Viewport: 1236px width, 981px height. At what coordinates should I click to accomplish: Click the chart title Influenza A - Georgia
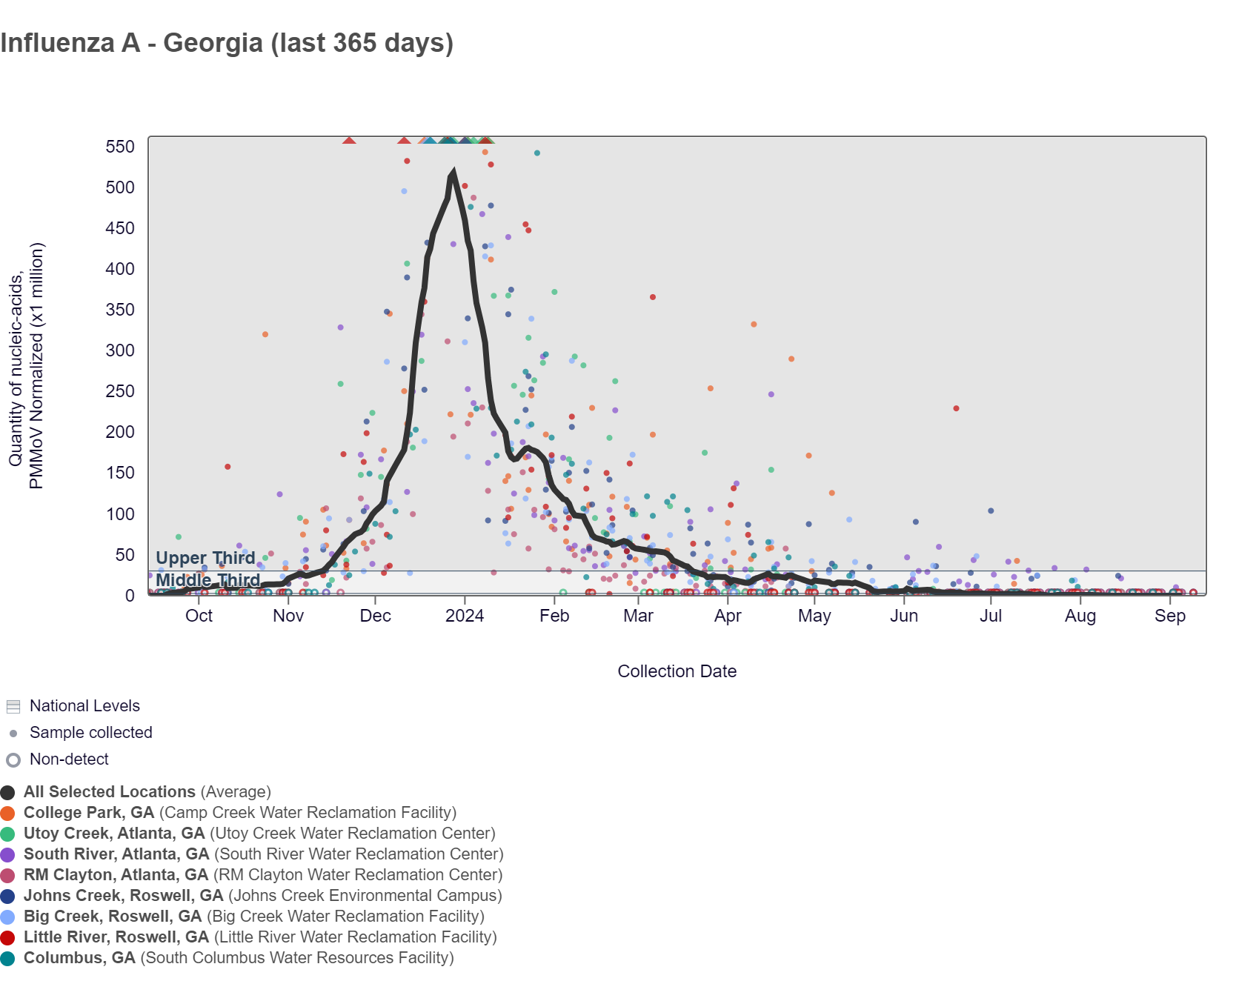(227, 43)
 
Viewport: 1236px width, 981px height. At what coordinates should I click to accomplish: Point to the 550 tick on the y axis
(120, 147)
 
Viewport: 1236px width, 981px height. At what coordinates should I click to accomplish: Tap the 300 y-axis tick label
(120, 350)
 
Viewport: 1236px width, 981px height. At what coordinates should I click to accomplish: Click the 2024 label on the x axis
(465, 616)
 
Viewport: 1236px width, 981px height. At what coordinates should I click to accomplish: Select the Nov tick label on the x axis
(288, 616)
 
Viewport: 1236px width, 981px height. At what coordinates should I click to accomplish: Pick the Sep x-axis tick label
(1170, 616)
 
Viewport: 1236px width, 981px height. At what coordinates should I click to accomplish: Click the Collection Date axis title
(677, 671)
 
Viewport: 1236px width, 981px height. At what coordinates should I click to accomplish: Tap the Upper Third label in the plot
(205, 558)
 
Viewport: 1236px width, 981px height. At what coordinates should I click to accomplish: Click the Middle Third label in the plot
(208, 580)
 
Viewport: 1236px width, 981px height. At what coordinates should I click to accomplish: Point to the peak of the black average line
(453, 173)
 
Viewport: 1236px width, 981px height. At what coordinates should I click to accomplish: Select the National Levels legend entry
(84, 706)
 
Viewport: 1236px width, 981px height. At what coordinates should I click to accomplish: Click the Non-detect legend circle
(13, 760)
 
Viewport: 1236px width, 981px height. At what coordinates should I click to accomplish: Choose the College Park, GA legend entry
(89, 813)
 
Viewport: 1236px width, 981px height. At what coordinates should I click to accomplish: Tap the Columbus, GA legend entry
(79, 958)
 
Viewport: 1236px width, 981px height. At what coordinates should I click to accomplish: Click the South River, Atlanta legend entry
(116, 854)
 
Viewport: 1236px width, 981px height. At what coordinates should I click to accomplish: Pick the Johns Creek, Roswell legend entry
(123, 896)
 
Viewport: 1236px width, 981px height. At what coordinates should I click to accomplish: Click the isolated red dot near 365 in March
(653, 297)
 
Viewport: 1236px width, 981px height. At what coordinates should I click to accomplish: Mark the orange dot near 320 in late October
(265, 334)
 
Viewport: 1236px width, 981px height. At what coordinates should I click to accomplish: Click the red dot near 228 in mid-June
(956, 408)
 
